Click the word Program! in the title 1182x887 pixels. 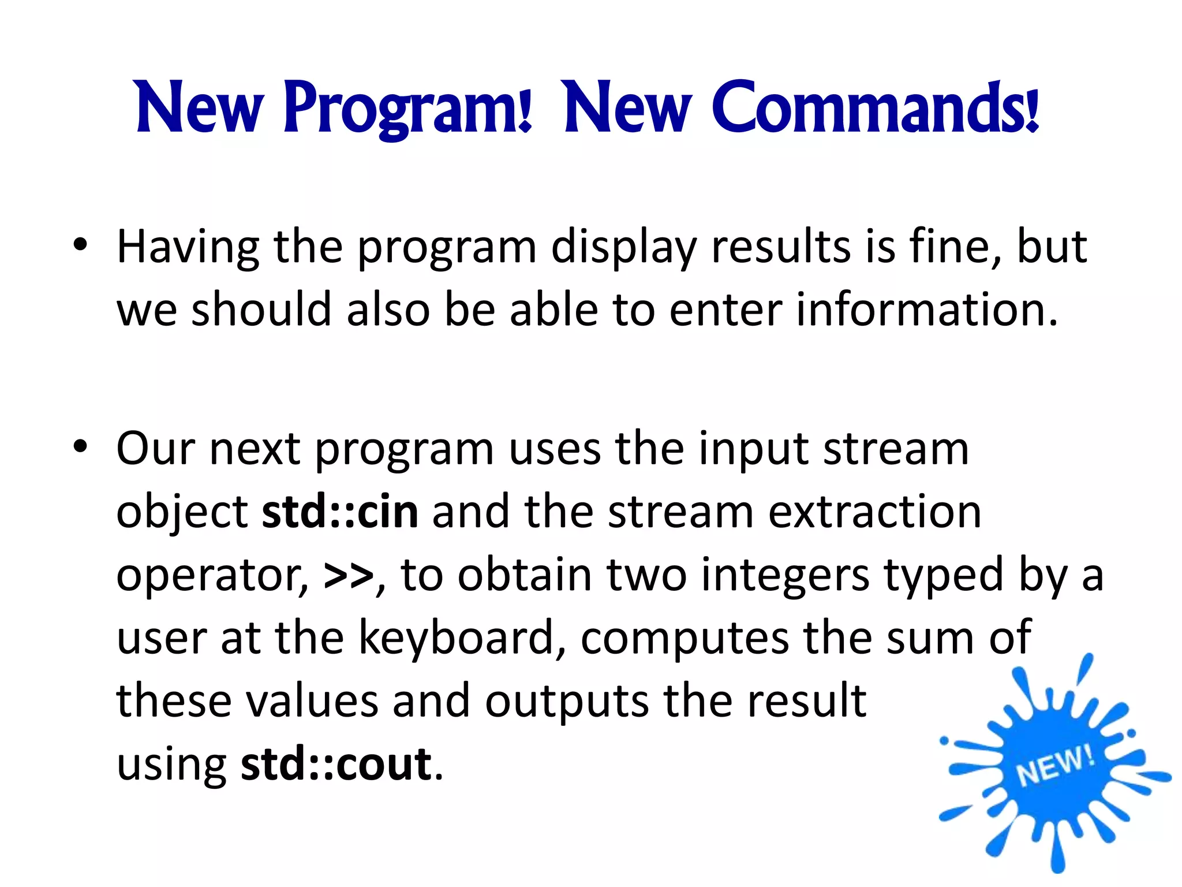(407, 109)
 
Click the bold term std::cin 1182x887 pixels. (340, 512)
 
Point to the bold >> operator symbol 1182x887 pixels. (349, 576)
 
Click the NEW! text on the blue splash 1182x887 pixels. (1054, 766)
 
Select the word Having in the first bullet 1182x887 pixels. (188, 247)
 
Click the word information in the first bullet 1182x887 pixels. (926, 310)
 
